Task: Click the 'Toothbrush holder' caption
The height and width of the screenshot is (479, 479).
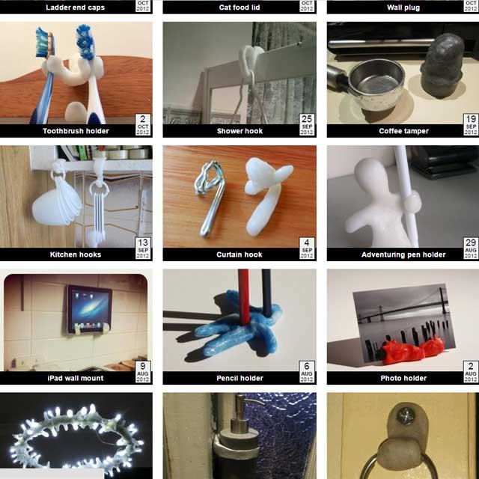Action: point(76,131)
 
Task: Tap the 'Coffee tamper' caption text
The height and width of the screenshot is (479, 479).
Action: point(403,131)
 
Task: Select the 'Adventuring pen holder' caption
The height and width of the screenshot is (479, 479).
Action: point(403,254)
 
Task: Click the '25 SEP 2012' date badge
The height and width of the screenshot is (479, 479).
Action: point(307,125)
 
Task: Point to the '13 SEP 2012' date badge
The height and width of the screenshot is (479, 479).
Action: point(143,248)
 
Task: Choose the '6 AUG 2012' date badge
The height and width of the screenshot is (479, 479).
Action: point(307,372)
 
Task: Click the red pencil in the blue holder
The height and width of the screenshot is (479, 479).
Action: point(243,298)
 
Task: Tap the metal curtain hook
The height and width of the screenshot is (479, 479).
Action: point(210,198)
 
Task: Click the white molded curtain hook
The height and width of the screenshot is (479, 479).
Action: point(266,195)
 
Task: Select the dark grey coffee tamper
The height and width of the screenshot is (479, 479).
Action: point(442,66)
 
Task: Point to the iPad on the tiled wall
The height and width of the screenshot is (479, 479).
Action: point(89,309)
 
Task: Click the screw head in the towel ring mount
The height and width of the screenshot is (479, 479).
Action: point(406,417)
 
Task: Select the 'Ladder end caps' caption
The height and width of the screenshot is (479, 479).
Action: point(75,7)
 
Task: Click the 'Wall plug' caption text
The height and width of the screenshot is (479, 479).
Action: point(403,7)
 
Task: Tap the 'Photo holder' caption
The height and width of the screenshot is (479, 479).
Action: point(403,378)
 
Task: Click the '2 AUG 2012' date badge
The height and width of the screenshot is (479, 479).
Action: point(471,372)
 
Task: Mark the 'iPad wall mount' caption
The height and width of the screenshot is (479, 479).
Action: point(76,378)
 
